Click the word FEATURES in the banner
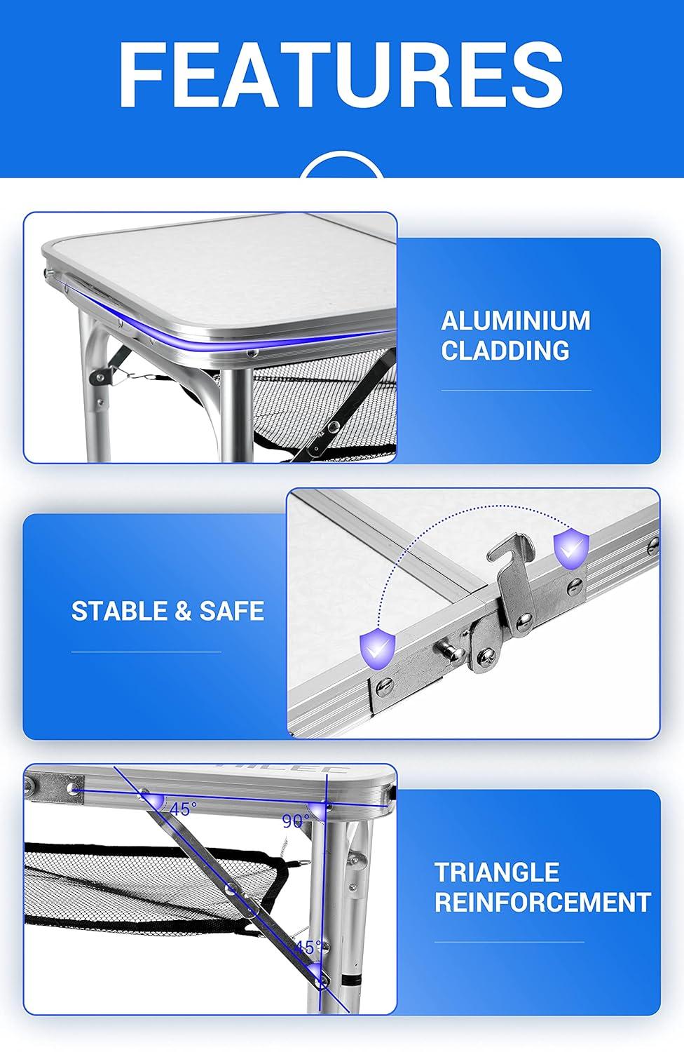click(341, 76)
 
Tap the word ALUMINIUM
click(516, 321)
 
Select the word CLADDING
click(505, 350)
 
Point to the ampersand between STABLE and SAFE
click(182, 611)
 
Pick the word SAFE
click(232, 611)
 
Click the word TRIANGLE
click(497, 872)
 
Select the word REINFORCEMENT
click(542, 902)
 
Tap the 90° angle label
click(295, 820)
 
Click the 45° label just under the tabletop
click(182, 809)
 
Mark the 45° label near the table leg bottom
click(307, 948)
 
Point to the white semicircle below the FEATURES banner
click(342, 168)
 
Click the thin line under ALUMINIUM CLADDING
click(516, 391)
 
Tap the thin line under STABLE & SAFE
click(146, 652)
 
